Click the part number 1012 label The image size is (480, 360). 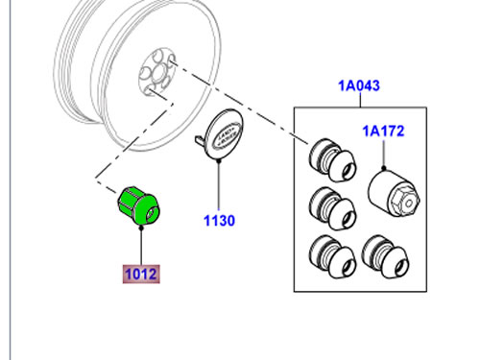click(x=141, y=274)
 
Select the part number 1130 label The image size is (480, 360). click(x=219, y=221)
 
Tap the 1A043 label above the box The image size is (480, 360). click(x=359, y=85)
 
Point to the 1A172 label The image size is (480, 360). click(x=383, y=132)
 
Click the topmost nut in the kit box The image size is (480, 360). click(x=333, y=159)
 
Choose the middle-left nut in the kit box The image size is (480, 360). click(x=333, y=208)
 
